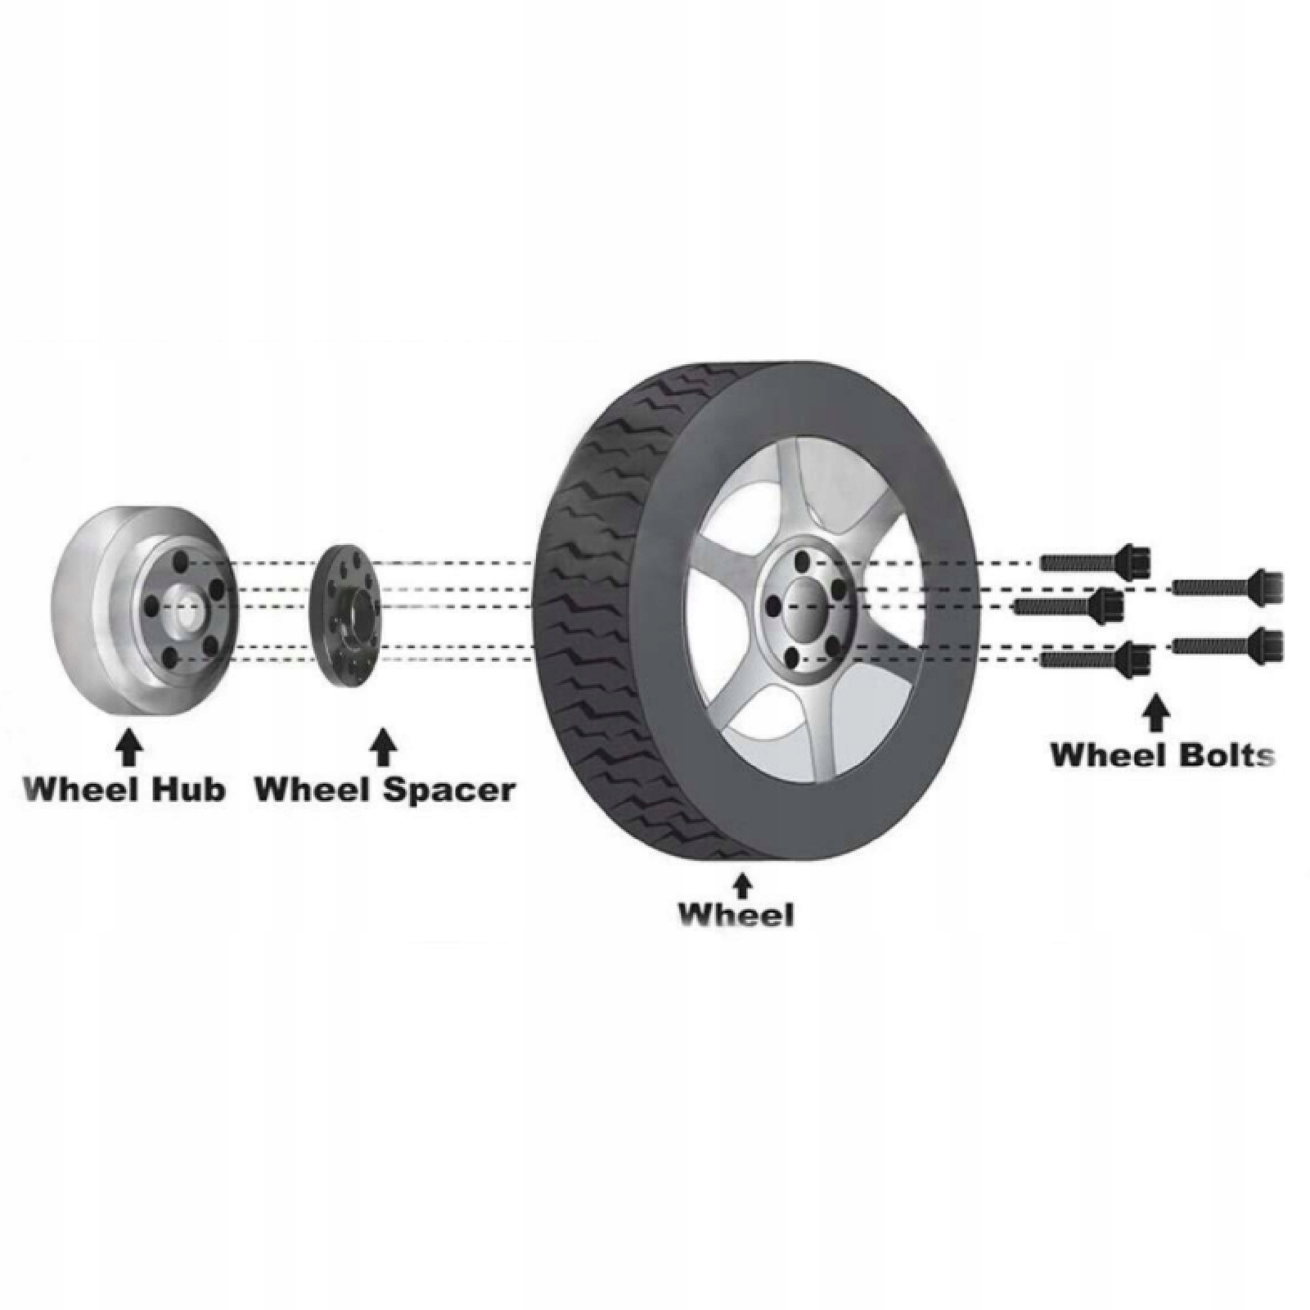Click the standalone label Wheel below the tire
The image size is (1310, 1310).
click(736, 914)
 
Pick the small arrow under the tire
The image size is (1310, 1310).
click(742, 886)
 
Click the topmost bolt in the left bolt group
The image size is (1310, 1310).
click(1096, 561)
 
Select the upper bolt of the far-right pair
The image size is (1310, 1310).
click(1227, 586)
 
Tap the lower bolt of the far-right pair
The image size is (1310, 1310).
click(1227, 646)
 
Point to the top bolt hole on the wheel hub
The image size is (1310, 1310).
click(179, 563)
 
